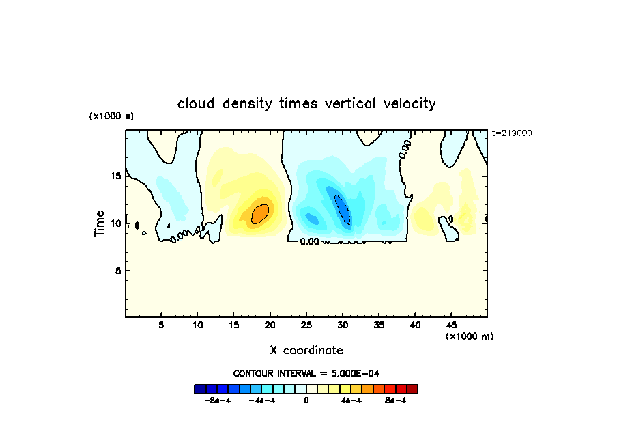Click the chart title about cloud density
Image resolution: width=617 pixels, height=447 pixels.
coord(306,104)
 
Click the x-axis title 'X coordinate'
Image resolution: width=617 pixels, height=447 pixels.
coord(306,350)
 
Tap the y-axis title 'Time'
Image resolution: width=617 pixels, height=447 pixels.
coord(100,223)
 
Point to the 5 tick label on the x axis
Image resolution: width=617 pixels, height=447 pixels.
coord(161,325)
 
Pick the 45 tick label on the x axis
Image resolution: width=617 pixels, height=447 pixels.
coord(450,325)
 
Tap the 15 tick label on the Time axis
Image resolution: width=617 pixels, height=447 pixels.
coord(116,176)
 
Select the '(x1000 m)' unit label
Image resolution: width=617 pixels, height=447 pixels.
coord(470,336)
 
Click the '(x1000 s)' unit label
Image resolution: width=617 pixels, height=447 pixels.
coord(111,116)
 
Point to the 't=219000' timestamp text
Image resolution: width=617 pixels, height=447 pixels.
coord(511,133)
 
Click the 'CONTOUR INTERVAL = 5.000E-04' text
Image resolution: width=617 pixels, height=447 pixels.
coord(306,373)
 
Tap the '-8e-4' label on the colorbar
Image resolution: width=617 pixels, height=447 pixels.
coord(216,401)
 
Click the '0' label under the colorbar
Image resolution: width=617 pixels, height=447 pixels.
coord(306,401)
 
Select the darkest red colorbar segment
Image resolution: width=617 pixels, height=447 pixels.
coord(412,389)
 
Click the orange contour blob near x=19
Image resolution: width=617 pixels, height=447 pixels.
coord(260,213)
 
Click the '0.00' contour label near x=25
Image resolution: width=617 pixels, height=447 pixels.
coord(309,241)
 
